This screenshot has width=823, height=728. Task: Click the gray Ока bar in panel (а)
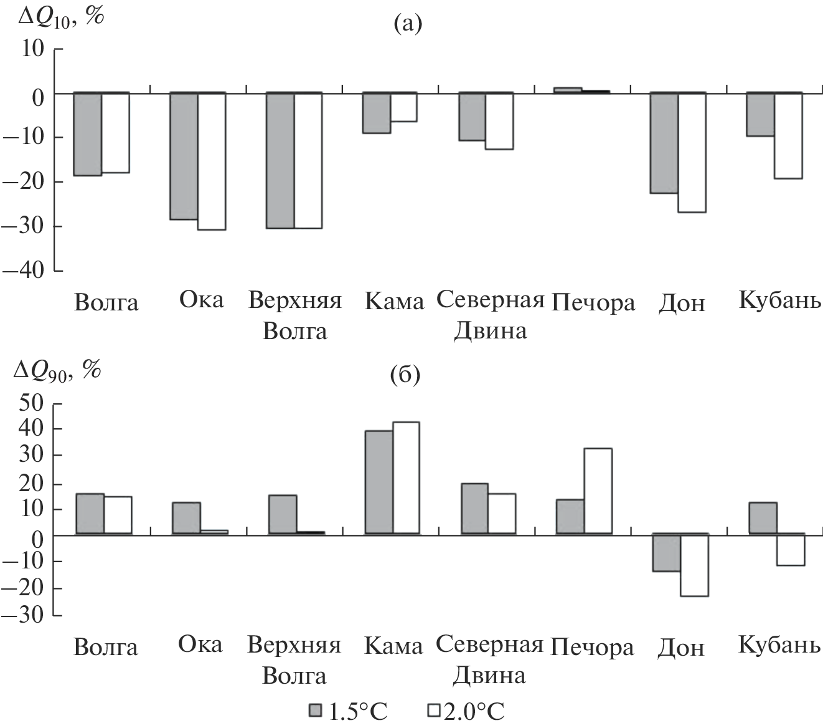click(x=184, y=156)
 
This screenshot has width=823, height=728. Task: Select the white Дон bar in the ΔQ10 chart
click(x=692, y=153)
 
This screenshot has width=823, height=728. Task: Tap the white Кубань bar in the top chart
click(x=788, y=135)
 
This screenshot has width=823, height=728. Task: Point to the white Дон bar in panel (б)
click(x=694, y=565)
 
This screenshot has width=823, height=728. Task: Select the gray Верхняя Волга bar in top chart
click(x=281, y=160)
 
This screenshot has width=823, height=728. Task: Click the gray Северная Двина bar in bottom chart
click(x=474, y=508)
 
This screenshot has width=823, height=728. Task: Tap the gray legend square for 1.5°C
click(x=316, y=711)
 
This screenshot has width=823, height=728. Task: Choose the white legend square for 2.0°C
click(x=434, y=711)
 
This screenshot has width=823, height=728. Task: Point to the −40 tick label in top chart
click(x=23, y=271)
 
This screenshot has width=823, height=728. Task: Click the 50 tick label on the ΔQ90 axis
click(x=32, y=403)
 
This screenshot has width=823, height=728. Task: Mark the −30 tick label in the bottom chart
click(x=23, y=615)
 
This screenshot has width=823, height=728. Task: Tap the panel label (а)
click(x=408, y=24)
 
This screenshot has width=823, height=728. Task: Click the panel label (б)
click(x=405, y=375)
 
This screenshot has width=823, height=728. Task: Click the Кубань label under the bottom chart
click(x=779, y=646)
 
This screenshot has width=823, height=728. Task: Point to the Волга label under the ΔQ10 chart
click(x=106, y=304)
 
